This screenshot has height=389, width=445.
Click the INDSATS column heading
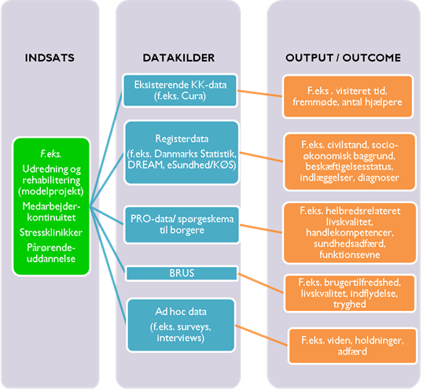[50, 57]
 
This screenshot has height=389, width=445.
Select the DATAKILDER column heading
[178, 57]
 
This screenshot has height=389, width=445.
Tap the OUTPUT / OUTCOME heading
[343, 57]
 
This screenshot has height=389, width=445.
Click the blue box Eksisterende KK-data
[180, 91]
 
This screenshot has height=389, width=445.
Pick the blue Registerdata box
[182, 152]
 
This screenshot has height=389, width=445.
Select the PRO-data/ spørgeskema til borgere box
[182, 224]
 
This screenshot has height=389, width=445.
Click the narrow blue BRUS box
[182, 273]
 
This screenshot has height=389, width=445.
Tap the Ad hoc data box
[181, 325]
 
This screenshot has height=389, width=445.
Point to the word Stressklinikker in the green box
[51, 232]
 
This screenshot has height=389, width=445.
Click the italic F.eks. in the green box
[51, 154]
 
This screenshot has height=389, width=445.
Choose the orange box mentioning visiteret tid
[348, 96]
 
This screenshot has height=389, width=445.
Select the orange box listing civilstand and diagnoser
[350, 161]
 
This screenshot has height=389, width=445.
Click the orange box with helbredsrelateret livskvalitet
[350, 232]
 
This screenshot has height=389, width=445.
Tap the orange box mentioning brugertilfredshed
[350, 293]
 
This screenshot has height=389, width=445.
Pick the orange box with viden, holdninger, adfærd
[352, 346]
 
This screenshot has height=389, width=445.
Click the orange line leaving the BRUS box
[260, 283]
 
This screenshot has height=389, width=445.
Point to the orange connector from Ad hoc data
[261, 335]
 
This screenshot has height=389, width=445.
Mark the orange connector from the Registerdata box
[261, 157]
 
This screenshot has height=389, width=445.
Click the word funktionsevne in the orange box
[350, 254]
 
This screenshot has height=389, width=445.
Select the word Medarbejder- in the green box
[51, 206]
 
